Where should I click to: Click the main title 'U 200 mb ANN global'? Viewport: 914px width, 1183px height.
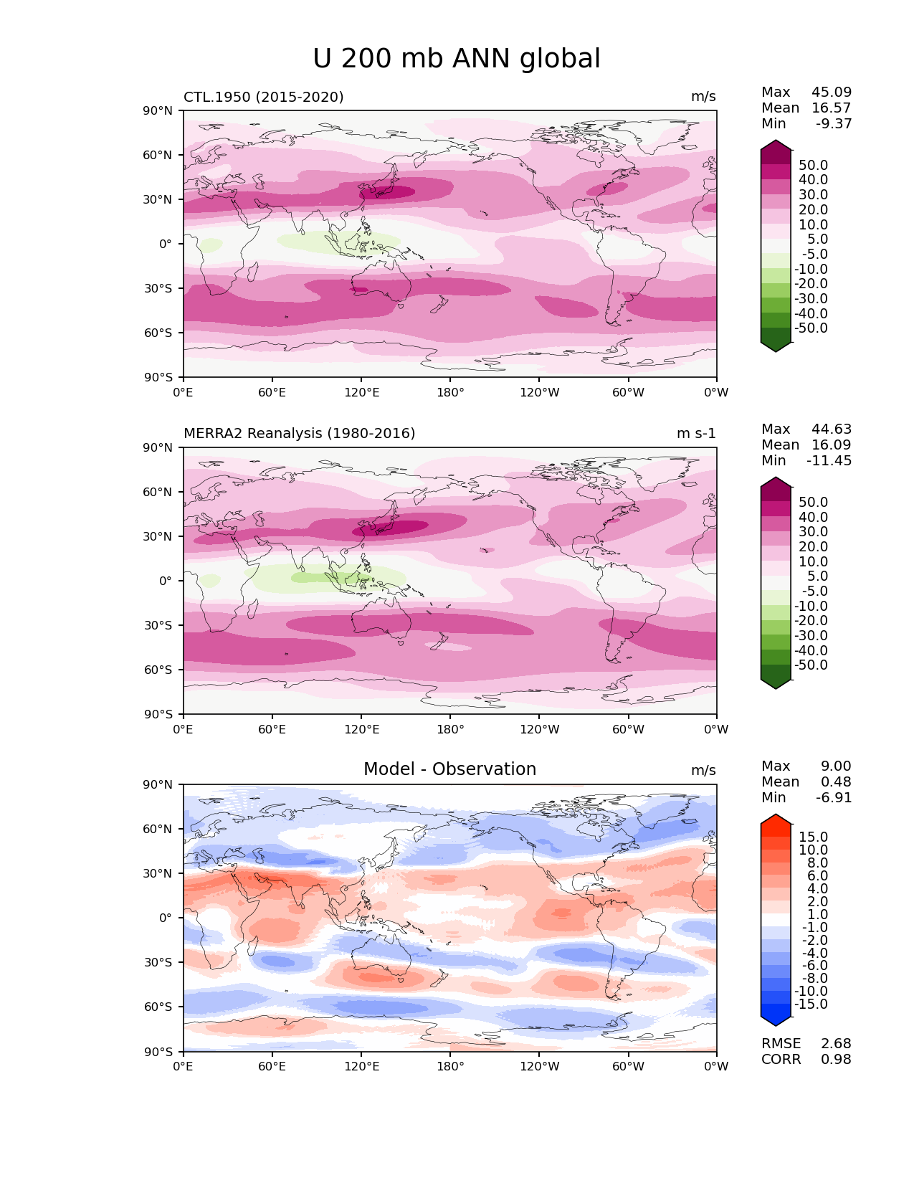pyautogui.click(x=457, y=59)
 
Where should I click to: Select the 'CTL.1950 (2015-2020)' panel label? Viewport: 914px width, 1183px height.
pyautogui.click(x=263, y=97)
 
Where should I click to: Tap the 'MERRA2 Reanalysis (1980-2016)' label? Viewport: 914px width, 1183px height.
pyautogui.click(x=299, y=433)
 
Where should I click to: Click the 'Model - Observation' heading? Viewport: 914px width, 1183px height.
pyautogui.click(x=449, y=769)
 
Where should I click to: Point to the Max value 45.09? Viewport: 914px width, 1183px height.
pyautogui.click(x=832, y=92)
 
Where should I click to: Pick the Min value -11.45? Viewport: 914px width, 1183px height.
pyautogui.click(x=829, y=460)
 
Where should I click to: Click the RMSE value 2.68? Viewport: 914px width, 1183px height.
pyautogui.click(x=836, y=1043)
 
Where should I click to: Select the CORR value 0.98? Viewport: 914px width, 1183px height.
pyautogui.click(x=836, y=1059)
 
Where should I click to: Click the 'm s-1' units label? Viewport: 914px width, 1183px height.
pyautogui.click(x=696, y=433)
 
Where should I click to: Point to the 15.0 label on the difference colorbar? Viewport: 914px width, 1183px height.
pyautogui.click(x=813, y=837)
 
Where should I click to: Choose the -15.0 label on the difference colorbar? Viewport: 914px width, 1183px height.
pyautogui.click(x=811, y=1004)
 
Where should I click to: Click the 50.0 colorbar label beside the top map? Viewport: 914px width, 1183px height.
pyautogui.click(x=813, y=165)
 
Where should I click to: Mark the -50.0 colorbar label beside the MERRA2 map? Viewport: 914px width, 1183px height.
pyautogui.click(x=811, y=665)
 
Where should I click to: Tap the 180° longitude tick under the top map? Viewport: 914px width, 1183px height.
pyautogui.click(x=450, y=392)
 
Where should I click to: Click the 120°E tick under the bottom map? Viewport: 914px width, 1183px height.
pyautogui.click(x=361, y=1066)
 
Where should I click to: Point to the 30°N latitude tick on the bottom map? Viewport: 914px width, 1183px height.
pyautogui.click(x=159, y=873)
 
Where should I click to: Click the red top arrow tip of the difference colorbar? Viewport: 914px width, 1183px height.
pyautogui.click(x=776, y=818)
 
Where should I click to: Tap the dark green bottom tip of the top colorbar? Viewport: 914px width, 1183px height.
pyautogui.click(x=776, y=348)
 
